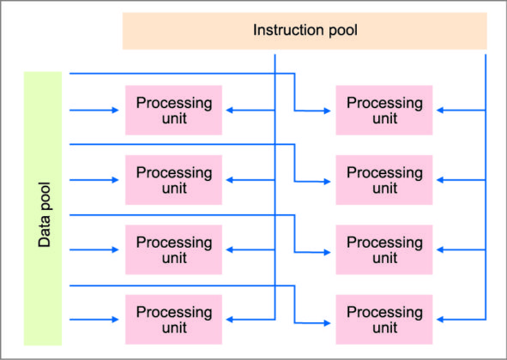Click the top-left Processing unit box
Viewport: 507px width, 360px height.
173,110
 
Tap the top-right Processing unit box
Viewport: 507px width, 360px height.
384,110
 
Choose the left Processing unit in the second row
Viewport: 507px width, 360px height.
173,180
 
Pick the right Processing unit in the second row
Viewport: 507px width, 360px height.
384,180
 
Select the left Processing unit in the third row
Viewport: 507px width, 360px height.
173,249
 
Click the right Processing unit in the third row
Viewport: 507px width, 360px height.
384,249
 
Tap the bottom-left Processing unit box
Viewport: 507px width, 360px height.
173,320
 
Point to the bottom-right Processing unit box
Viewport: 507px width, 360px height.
384,320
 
